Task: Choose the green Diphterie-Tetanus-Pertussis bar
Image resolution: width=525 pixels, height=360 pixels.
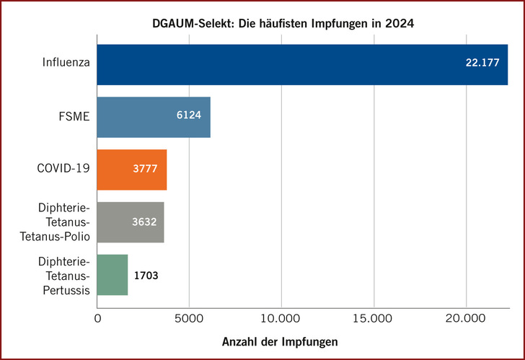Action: (x=112, y=275)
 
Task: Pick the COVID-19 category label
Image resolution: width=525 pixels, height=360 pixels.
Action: (x=63, y=170)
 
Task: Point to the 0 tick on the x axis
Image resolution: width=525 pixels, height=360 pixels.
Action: (x=97, y=317)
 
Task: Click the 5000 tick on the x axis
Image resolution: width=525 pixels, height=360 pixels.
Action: (x=188, y=317)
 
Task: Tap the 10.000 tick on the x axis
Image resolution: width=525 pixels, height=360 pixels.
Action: (x=281, y=317)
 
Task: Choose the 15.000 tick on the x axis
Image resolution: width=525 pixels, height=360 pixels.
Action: (x=374, y=317)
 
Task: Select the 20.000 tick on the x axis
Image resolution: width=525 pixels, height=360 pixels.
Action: (x=466, y=317)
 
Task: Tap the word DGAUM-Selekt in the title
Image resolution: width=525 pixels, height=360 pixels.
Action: (x=184, y=24)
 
